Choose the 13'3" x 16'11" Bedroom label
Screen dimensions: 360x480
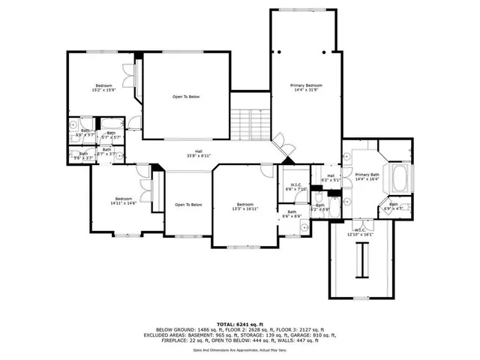[245, 207]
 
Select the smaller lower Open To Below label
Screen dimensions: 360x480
[188, 205]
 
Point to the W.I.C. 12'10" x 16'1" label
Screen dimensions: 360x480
[361, 232]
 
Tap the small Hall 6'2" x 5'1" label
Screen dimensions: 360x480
[331, 178]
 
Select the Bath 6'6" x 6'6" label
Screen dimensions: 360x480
[292, 214]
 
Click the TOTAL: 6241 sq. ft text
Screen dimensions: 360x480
[239, 323]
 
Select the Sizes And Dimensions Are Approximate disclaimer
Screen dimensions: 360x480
[239, 349]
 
